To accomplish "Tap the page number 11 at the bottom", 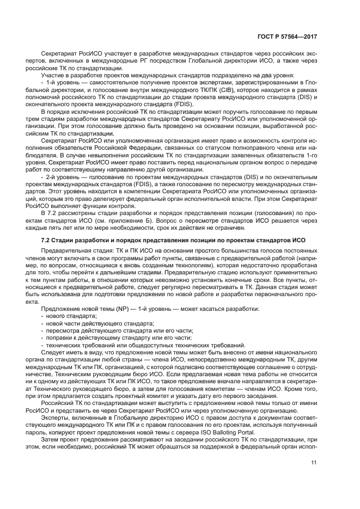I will tap(314, 463).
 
